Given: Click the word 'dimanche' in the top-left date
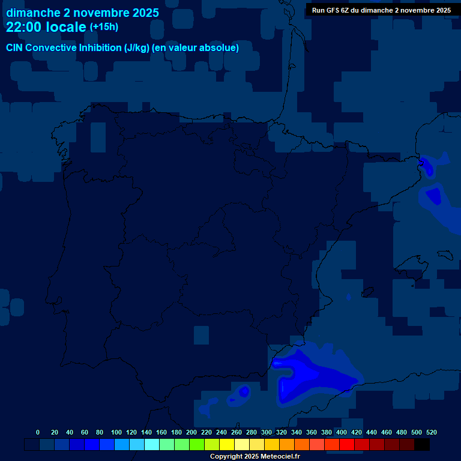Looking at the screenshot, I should click(33, 13).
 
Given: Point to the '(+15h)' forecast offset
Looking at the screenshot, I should click(104, 26).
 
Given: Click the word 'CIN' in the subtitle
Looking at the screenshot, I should click(16, 48).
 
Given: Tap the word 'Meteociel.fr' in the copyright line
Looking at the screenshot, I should click(280, 457).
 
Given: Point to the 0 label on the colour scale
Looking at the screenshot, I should click(38, 432).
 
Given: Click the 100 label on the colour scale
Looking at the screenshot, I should click(116, 432).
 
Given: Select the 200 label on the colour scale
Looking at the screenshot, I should click(191, 432).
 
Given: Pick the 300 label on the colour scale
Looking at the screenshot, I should click(267, 432).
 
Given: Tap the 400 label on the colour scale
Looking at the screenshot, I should click(342, 432).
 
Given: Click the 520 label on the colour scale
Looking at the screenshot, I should click(432, 432).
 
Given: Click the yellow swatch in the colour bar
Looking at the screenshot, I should click(227, 445).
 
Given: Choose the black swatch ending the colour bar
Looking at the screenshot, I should click(422, 445).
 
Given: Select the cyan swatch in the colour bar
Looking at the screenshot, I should click(152, 445).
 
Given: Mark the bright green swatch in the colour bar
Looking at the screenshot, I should click(197, 445).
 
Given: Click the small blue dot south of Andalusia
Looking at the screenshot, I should click(244, 391).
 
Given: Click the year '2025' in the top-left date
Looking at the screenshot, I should click(146, 13).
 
